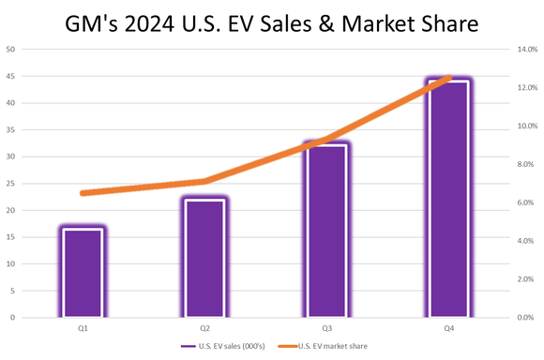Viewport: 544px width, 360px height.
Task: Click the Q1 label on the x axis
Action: tap(83, 328)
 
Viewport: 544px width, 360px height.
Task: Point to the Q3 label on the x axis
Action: tap(325, 328)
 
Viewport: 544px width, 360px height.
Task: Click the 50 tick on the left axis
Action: tap(11, 49)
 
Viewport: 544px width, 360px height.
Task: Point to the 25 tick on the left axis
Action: tap(11, 184)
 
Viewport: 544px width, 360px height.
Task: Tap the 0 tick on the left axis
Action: tap(13, 318)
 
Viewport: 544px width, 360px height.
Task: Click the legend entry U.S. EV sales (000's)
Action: tap(237, 347)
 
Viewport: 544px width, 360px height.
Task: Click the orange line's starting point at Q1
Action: tap(83, 193)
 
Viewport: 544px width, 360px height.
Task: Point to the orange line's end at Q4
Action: tap(449, 78)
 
